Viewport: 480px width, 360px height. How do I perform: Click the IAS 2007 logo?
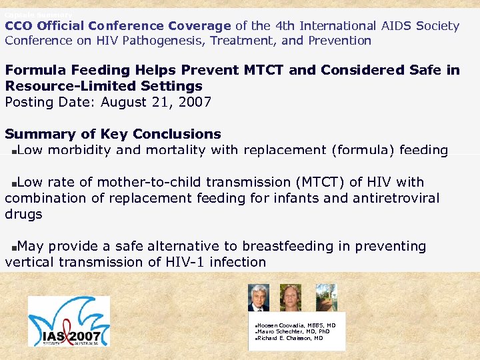pyautogui.click(x=69, y=322)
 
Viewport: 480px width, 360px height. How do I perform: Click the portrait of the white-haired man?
pyautogui.click(x=258, y=298)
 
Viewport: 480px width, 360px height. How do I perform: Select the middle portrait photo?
pyautogui.click(x=291, y=298)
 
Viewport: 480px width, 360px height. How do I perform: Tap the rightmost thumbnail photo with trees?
pyautogui.click(x=326, y=298)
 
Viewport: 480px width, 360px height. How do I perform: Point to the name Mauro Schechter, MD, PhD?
pyautogui.click(x=293, y=331)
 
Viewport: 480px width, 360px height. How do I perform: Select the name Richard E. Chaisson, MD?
pyautogui.click(x=290, y=338)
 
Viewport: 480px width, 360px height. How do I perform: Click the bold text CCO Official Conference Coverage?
pyautogui.click(x=118, y=26)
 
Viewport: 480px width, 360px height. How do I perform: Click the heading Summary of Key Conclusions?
pyautogui.click(x=113, y=134)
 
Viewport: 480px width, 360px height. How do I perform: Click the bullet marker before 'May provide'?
pyautogui.click(x=14, y=247)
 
